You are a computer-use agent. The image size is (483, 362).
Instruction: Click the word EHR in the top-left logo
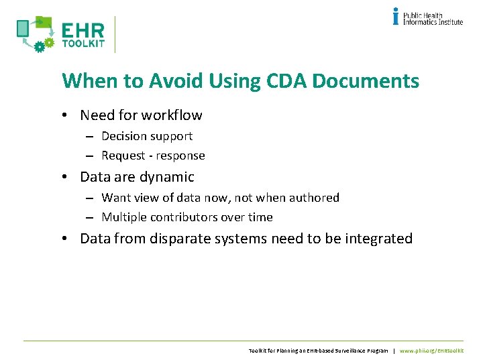83,31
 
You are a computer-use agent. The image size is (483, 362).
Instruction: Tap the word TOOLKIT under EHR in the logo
83,44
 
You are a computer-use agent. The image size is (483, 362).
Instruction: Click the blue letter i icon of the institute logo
396,16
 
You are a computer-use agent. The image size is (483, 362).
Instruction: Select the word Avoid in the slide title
176,81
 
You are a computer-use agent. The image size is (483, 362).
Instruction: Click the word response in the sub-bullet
182,156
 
